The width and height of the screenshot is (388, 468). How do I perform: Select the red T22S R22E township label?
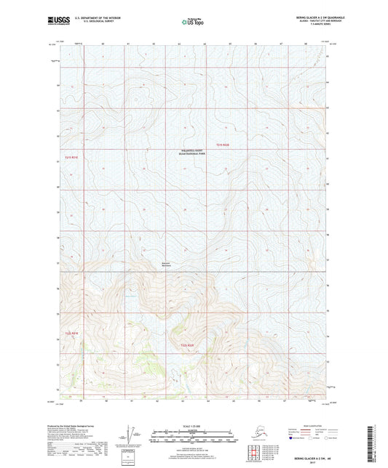pyautogui.click(x=187, y=344)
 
